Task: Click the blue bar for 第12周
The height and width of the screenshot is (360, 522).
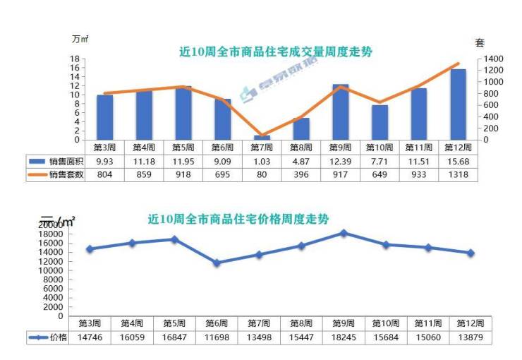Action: click(458, 104)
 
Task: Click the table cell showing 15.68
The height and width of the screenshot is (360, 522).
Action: click(458, 162)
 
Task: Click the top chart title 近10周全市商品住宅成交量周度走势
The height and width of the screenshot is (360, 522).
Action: click(275, 52)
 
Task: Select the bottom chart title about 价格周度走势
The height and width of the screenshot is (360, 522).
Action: click(238, 219)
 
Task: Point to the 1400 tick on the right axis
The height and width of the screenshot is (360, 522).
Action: click(493, 59)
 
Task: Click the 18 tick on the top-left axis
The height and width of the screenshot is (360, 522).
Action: click(74, 59)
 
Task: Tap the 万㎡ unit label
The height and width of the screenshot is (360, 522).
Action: click(79, 38)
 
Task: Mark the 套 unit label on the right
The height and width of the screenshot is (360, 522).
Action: click(480, 43)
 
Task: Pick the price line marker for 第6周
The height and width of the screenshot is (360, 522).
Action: click(217, 263)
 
